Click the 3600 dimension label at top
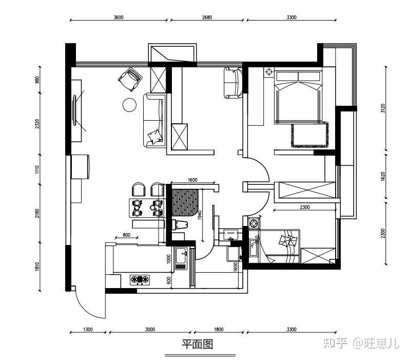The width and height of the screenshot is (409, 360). (119, 17)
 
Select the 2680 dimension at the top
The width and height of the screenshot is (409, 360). (207, 17)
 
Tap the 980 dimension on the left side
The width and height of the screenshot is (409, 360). (37, 80)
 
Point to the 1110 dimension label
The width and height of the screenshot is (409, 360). (37, 169)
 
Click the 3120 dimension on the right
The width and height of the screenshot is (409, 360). (383, 108)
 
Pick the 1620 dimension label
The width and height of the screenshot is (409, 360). (383, 176)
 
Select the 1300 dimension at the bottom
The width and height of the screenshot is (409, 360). (88, 330)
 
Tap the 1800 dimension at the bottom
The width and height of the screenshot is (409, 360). (219, 330)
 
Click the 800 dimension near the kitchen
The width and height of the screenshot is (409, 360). (126, 235)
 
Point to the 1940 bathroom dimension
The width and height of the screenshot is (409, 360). (200, 215)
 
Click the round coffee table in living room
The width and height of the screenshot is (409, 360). (129, 105)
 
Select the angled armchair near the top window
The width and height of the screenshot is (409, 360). (130, 80)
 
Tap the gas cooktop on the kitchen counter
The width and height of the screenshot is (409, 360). (140, 279)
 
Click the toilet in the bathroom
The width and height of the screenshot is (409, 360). (180, 225)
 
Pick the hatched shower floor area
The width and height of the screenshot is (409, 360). (185, 203)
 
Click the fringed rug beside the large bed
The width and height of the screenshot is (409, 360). (310, 135)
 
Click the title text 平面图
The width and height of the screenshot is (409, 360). (198, 344)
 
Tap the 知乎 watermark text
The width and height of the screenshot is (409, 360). (335, 343)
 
